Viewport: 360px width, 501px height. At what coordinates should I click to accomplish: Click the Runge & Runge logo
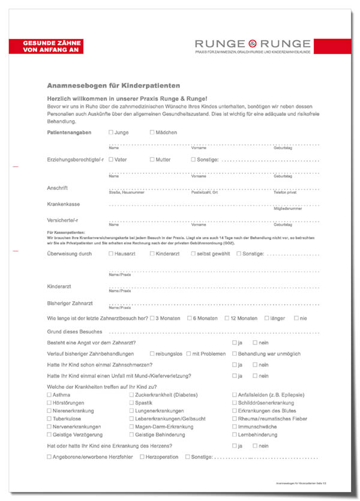[253, 44]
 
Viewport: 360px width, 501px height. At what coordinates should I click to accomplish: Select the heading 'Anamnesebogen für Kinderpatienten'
[113, 86]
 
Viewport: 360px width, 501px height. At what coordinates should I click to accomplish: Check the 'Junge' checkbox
[111, 132]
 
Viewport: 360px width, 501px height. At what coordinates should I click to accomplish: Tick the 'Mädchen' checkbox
[152, 132]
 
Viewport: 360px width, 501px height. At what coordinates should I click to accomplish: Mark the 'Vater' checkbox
[111, 160]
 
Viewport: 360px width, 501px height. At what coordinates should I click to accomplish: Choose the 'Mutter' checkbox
[152, 160]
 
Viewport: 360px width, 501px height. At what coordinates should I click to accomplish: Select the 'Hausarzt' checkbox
[111, 254]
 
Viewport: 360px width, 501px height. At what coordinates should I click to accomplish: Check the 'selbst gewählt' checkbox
[193, 254]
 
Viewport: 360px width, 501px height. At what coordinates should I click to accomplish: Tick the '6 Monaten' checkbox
[190, 318]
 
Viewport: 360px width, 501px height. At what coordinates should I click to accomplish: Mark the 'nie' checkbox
[296, 318]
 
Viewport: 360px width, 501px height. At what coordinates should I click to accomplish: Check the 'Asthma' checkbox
[49, 395]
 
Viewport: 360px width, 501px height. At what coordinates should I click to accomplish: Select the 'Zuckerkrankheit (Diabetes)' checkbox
[131, 395]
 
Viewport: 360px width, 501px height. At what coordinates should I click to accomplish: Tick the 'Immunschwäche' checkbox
[234, 427]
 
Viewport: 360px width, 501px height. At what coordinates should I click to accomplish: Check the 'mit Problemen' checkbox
[188, 354]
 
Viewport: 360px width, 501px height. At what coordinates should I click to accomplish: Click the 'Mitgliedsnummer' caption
[287, 209]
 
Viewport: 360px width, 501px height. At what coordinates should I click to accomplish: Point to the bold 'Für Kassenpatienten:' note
[66, 232]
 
